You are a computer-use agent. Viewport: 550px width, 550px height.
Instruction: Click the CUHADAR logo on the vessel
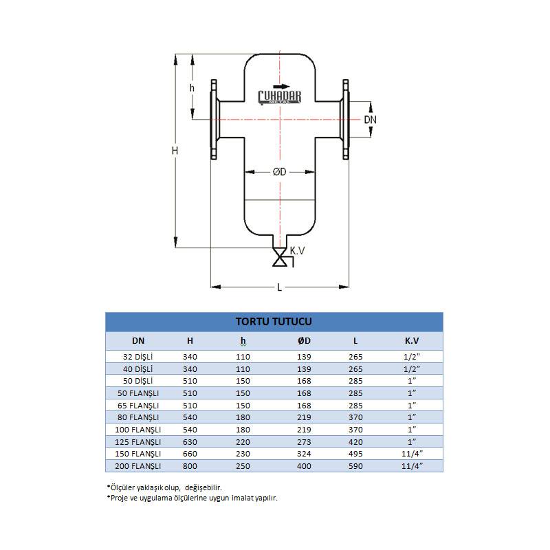pos(280,97)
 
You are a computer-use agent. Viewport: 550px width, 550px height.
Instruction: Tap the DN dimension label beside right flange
pos(370,120)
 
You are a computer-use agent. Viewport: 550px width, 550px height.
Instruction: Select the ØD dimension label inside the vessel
pos(280,172)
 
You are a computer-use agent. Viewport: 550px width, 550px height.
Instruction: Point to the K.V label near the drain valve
pos(297,251)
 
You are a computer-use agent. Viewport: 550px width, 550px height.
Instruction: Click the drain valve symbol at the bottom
pos(280,258)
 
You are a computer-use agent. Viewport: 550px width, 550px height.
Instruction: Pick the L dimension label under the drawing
pos(280,287)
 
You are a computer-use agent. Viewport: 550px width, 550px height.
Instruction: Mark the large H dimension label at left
pos(175,151)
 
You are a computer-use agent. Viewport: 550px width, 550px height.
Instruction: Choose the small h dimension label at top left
pos(192,88)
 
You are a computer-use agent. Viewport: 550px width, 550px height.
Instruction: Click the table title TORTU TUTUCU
pos(274,322)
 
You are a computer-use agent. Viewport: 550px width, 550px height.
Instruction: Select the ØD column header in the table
pos(304,341)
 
